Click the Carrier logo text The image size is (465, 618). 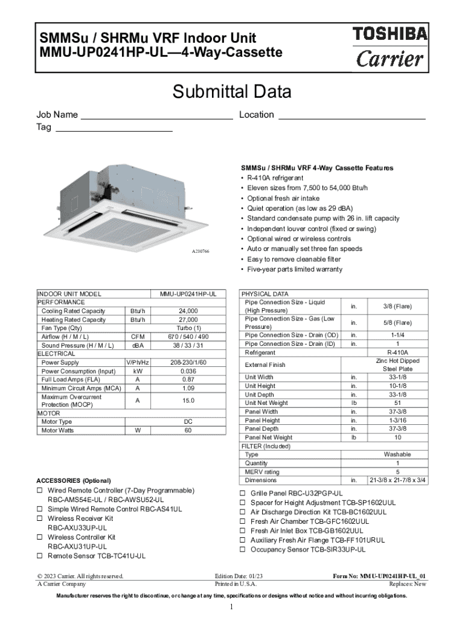click(x=390, y=59)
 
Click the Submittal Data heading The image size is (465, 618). click(x=232, y=92)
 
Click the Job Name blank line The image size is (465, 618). click(x=156, y=118)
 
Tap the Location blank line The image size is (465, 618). click(x=352, y=118)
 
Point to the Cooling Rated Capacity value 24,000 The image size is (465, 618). click(x=188, y=311)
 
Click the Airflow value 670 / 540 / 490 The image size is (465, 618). click(x=188, y=337)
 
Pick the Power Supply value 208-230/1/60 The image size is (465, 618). click(x=188, y=363)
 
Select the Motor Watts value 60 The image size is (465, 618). click(x=188, y=430)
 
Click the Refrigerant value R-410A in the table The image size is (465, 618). click(x=398, y=352)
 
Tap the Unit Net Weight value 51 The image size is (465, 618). click(x=398, y=403)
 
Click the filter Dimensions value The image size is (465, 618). click(x=398, y=480)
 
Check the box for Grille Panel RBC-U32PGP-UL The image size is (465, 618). click(x=243, y=493)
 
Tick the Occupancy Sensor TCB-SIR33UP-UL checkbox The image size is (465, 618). click(x=243, y=550)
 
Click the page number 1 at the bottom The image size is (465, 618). click(x=231, y=607)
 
